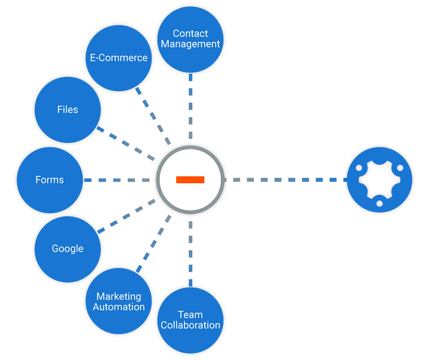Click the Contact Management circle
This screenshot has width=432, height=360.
click(190, 40)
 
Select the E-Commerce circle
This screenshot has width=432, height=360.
click(119, 58)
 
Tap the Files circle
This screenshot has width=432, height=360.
click(68, 110)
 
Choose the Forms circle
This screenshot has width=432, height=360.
click(50, 180)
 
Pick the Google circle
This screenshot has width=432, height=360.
click(68, 249)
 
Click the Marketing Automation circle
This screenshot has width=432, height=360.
click(119, 301)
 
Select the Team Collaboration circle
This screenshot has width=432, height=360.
click(190, 320)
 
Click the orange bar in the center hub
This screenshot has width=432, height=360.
click(190, 180)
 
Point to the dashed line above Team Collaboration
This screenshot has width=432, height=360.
click(190, 251)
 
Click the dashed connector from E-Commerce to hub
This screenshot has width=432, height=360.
click(154, 117)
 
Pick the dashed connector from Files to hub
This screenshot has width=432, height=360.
click(126, 144)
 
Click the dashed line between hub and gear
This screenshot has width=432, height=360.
click(286, 180)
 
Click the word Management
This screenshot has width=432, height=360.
click(190, 44)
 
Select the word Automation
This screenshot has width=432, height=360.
click(119, 307)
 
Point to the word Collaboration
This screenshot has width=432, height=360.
click(190, 325)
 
